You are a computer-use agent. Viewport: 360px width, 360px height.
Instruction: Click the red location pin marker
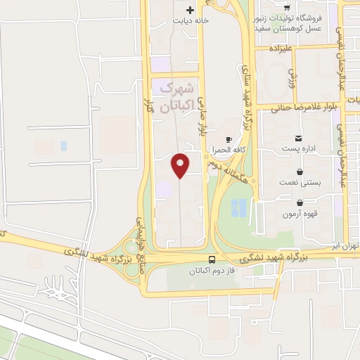(181, 165)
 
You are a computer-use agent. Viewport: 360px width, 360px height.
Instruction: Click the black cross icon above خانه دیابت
(191, 10)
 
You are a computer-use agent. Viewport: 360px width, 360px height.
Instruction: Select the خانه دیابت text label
(192, 21)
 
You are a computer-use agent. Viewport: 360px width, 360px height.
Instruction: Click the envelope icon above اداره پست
(300, 138)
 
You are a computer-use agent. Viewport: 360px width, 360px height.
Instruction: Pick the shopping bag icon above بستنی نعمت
(300, 171)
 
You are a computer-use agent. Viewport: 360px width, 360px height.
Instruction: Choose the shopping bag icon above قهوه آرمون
(300, 202)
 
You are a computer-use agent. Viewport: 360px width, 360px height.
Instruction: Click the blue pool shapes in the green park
(239, 207)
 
